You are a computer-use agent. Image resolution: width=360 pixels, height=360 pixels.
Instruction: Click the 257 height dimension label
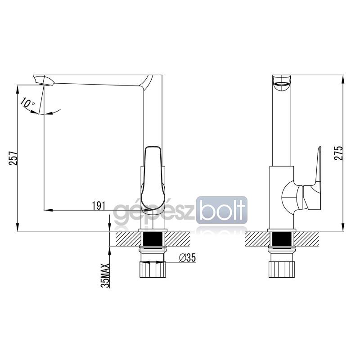[13, 158]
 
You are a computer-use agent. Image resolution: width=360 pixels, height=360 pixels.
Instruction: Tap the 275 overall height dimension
[338, 153]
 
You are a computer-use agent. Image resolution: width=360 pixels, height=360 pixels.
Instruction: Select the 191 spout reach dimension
[99, 206]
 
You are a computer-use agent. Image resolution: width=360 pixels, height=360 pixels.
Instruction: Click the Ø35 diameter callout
[187, 257]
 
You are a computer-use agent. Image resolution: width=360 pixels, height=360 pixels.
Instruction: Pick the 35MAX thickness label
[106, 275]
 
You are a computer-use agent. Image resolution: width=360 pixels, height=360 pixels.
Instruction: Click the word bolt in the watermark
[222, 210]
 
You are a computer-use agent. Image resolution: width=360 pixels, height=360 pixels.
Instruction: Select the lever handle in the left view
[153, 180]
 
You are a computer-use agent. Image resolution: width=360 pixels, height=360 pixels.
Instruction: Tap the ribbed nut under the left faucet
[153, 270]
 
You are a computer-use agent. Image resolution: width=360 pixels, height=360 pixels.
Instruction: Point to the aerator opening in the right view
[282, 85]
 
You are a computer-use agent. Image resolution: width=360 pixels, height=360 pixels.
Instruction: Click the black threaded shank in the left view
[153, 239]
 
